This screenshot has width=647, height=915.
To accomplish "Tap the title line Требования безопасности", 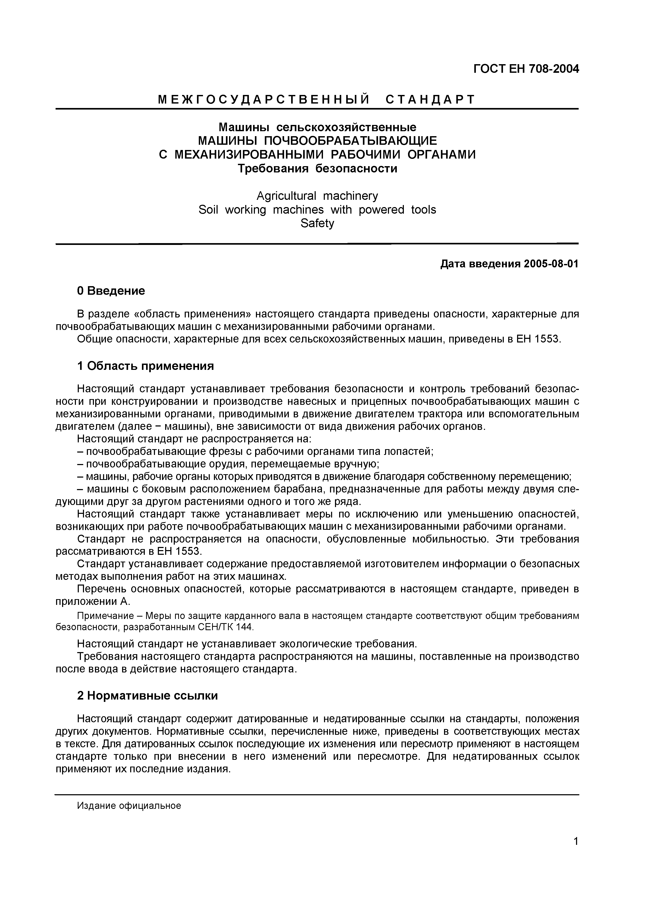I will (317, 168).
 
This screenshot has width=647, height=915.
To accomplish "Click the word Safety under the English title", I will (317, 223).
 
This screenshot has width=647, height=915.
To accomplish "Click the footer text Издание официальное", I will (129, 806).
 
